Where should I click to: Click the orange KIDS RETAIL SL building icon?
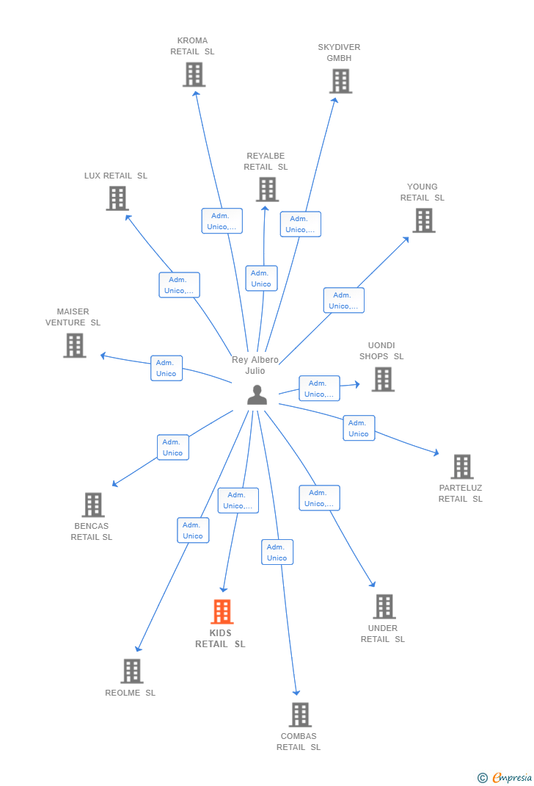pyautogui.click(x=222, y=612)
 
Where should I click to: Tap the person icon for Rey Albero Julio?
pyautogui.click(x=257, y=395)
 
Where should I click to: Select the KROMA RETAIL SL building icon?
pyautogui.click(x=194, y=75)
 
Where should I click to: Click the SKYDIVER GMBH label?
pyautogui.click(x=339, y=53)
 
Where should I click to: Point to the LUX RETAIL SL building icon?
pyautogui.click(x=117, y=198)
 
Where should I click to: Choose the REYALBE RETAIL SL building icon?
pyautogui.click(x=267, y=190)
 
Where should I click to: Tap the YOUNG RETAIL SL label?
pyautogui.click(x=423, y=192)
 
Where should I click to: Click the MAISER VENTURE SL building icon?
pyautogui.click(x=75, y=345)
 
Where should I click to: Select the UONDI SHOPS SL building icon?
pyautogui.click(x=384, y=380)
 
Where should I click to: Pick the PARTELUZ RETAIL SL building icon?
pyautogui.click(x=462, y=466)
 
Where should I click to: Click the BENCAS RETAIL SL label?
pyautogui.click(x=92, y=531)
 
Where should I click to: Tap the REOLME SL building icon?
pyautogui.click(x=132, y=671)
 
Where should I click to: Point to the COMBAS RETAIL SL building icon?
pyautogui.click(x=300, y=715)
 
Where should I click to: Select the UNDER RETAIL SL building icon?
pyautogui.click(x=384, y=607)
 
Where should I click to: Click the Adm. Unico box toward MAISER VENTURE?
pyautogui.click(x=167, y=369)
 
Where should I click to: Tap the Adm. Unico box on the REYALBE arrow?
pyautogui.click(x=261, y=278)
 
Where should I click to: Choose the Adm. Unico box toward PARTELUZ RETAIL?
pyautogui.click(x=359, y=428)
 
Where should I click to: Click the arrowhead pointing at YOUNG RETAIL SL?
pyautogui.click(x=406, y=239)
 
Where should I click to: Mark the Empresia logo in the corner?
pyautogui.click(x=505, y=777)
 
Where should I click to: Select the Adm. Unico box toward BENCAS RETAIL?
pyautogui.click(x=173, y=447)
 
